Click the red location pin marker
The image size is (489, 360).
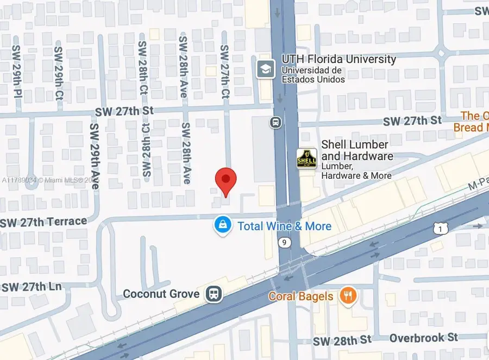(x=226, y=180)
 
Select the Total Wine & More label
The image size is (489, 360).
(x=284, y=226)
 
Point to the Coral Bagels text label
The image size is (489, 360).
(x=300, y=296)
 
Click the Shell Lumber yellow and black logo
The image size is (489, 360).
(x=306, y=159)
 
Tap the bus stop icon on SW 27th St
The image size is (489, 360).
(x=276, y=123)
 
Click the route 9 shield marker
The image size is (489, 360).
(x=284, y=242)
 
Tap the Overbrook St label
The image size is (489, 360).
(x=424, y=338)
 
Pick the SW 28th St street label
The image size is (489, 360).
(x=342, y=340)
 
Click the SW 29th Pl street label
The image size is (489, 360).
(x=17, y=71)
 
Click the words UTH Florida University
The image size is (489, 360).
(x=338, y=59)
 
